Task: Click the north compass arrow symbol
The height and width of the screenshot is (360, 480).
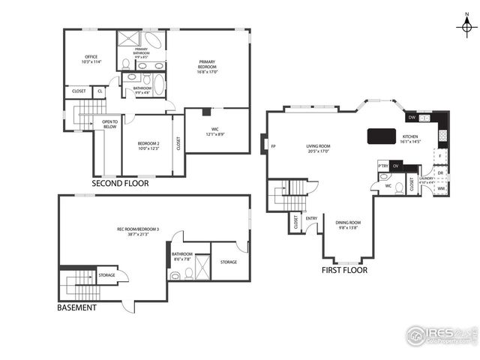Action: click(x=466, y=26)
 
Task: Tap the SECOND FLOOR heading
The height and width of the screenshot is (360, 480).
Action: click(x=120, y=183)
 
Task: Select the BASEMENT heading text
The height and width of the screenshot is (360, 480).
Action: click(x=77, y=307)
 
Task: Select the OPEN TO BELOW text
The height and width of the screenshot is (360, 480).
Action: click(x=109, y=124)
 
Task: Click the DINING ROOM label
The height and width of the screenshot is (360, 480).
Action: click(x=348, y=224)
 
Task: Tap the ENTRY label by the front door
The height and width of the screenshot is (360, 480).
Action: click(x=311, y=219)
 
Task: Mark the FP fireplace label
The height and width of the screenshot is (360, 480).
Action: click(x=273, y=146)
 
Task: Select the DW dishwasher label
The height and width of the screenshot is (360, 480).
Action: click(x=412, y=118)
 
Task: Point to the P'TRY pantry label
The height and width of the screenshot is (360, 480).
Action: click(x=382, y=166)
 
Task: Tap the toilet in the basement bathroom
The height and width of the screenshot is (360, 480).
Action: click(x=175, y=275)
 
